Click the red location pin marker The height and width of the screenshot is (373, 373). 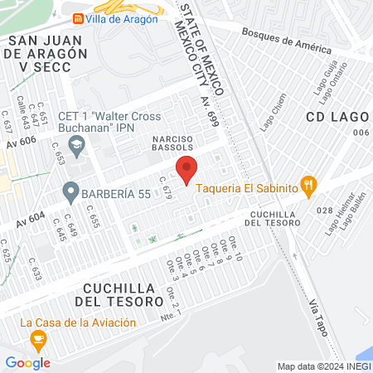click(x=187, y=169)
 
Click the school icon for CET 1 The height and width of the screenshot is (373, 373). click(x=77, y=147)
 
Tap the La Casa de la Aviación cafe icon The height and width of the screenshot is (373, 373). click(x=37, y=339)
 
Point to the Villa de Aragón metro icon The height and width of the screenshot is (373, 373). click(x=77, y=18)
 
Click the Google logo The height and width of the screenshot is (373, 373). click(x=27, y=362)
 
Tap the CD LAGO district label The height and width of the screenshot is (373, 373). click(x=337, y=116)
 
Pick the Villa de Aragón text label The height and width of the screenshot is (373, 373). click(x=121, y=18)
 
